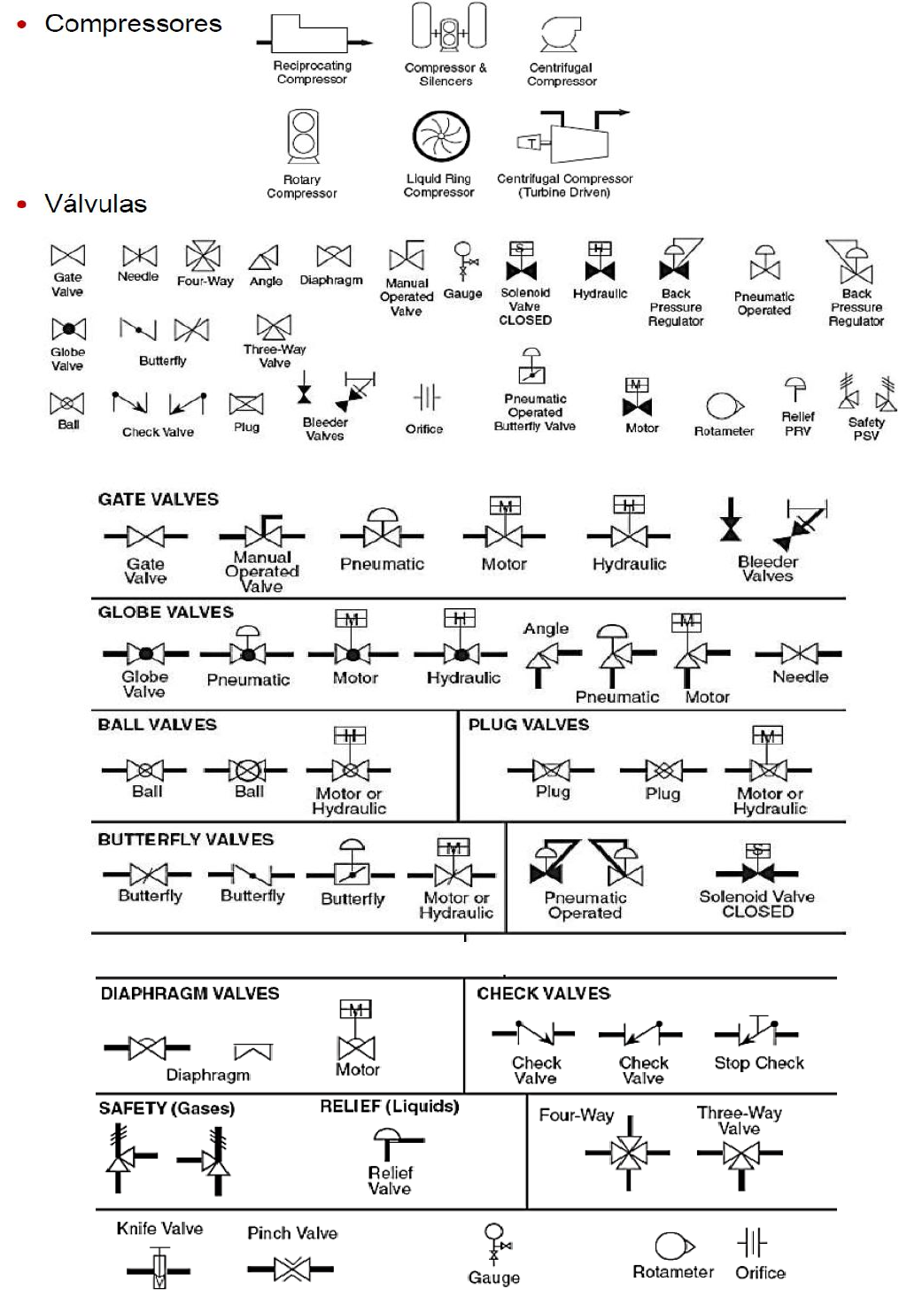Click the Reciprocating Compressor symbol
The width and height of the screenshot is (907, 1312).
(312, 35)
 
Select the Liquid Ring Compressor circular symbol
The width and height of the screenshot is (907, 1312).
(440, 137)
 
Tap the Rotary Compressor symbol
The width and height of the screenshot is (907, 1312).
(303, 135)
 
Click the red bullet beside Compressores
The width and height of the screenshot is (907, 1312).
(22, 25)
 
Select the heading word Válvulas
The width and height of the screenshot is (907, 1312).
(96, 205)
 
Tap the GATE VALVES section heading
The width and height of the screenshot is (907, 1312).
(158, 499)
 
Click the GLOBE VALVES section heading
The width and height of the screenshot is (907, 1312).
(166, 612)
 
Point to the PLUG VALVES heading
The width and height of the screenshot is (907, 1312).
(528, 724)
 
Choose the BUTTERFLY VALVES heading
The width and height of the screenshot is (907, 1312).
(185, 839)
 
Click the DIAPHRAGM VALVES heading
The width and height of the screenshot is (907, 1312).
(190, 993)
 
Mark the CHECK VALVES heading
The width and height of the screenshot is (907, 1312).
(543, 993)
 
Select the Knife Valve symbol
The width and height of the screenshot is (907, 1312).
(159, 1269)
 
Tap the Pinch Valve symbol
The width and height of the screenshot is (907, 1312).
(291, 1270)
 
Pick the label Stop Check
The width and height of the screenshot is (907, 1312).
(759, 1063)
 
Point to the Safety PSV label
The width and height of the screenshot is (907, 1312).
(866, 428)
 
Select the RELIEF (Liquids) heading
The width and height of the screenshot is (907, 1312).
(389, 1107)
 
